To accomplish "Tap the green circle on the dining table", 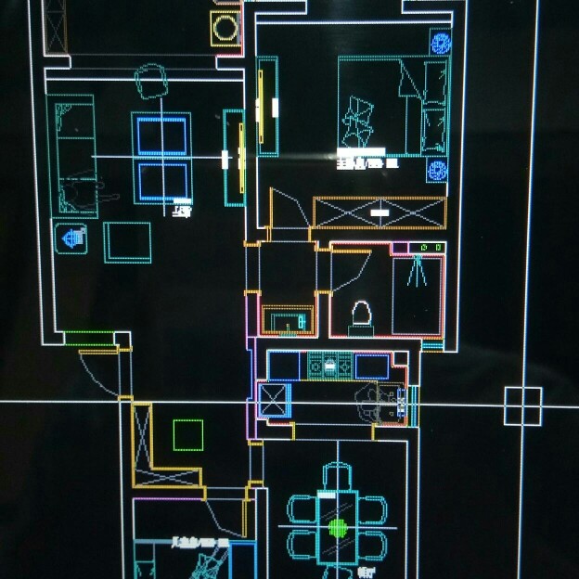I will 338,528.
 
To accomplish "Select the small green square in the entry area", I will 188,434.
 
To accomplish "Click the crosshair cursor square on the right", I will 523,405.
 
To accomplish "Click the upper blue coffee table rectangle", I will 161,135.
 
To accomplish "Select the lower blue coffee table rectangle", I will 161,181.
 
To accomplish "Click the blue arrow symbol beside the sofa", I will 71,238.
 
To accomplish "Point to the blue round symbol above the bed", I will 440,42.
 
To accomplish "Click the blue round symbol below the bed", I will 438,171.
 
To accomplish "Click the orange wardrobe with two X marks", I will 380,212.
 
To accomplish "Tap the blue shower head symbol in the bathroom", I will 417,269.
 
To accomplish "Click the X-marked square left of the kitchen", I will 275,400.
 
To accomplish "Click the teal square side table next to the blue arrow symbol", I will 127,242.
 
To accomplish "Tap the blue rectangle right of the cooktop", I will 372,367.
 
